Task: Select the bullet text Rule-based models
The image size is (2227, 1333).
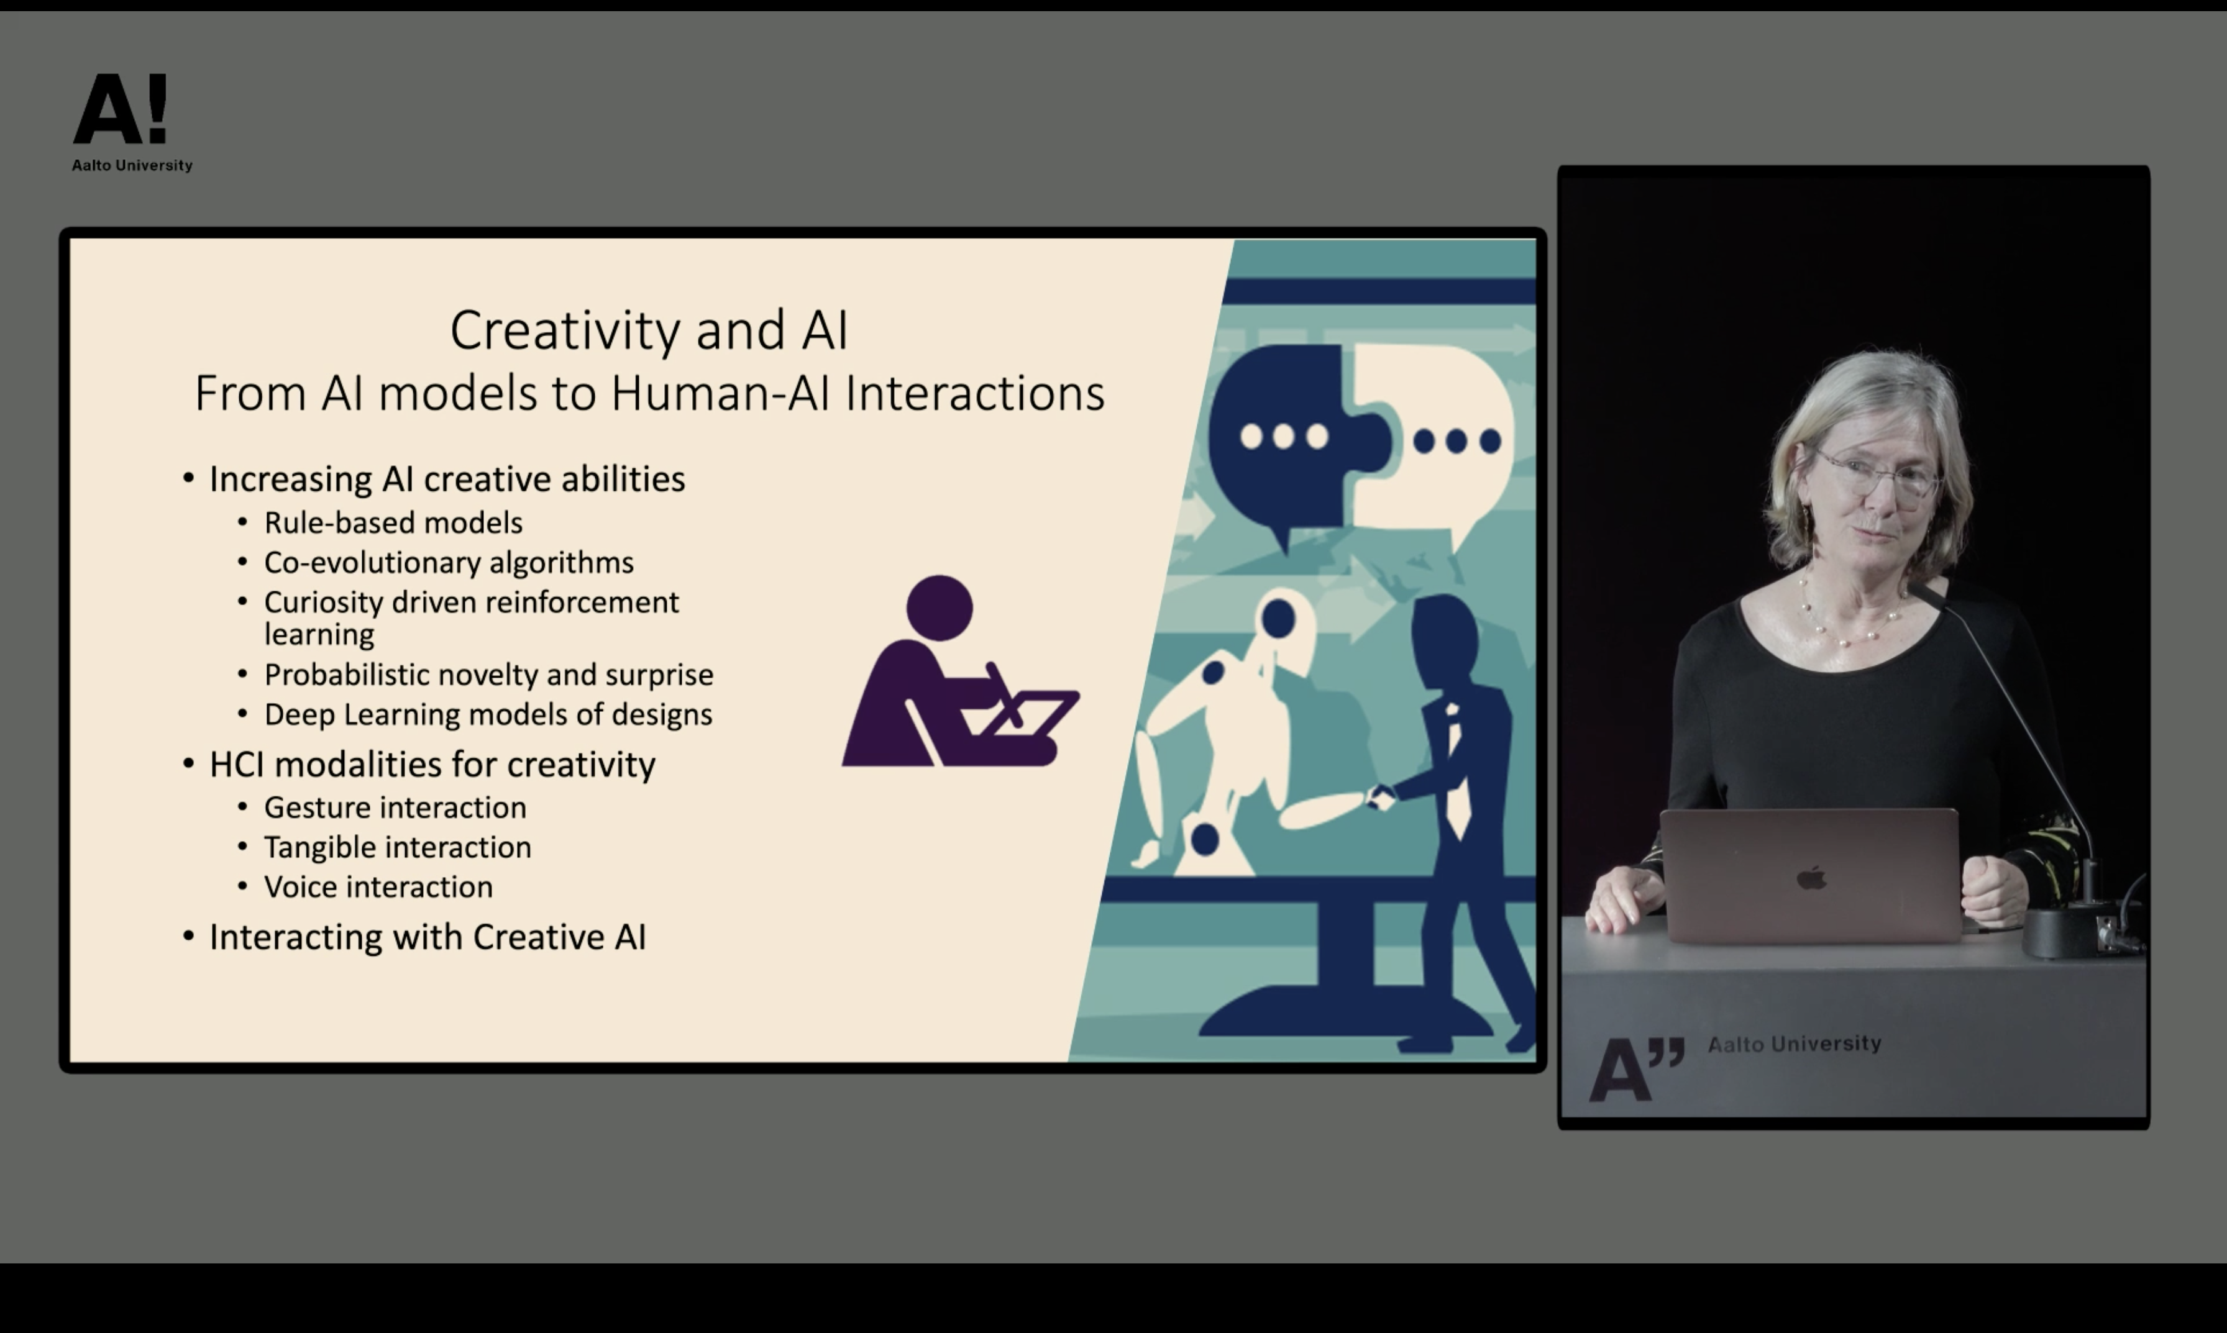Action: pos(393,523)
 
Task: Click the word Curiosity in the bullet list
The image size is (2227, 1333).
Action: pos(329,603)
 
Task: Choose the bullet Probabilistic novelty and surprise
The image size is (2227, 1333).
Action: pos(488,675)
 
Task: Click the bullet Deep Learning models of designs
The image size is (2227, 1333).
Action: pos(488,715)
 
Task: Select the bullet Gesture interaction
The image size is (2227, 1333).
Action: pos(395,808)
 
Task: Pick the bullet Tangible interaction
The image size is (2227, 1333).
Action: pos(398,848)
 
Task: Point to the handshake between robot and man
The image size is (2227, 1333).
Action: pos(1380,797)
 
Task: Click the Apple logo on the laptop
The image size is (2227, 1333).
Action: pos(1812,878)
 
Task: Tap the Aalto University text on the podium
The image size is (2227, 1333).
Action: pos(1794,1044)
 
